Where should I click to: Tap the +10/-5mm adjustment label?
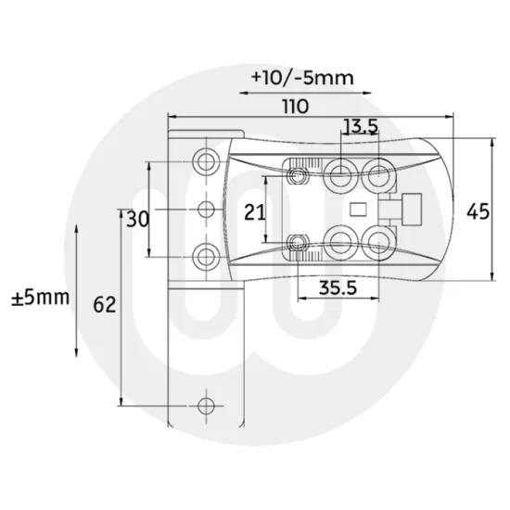click(x=302, y=78)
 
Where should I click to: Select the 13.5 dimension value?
click(x=360, y=126)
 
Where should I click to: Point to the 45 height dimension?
click(x=478, y=211)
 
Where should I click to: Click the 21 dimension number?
click(x=255, y=211)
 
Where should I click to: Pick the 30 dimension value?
click(x=137, y=219)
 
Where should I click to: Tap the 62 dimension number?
click(x=105, y=304)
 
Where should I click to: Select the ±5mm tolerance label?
click(x=40, y=298)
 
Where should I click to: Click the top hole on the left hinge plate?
click(x=207, y=154)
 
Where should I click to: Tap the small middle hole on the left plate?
click(x=207, y=209)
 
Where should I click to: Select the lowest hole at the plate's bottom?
click(x=207, y=404)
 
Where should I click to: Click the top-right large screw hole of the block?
click(x=377, y=171)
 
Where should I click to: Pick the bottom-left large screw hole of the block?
click(x=340, y=242)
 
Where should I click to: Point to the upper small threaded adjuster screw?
click(x=299, y=173)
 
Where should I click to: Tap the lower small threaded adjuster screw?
click(x=299, y=243)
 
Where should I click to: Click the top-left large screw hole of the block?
click(x=340, y=171)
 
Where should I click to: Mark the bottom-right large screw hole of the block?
click(x=377, y=241)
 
